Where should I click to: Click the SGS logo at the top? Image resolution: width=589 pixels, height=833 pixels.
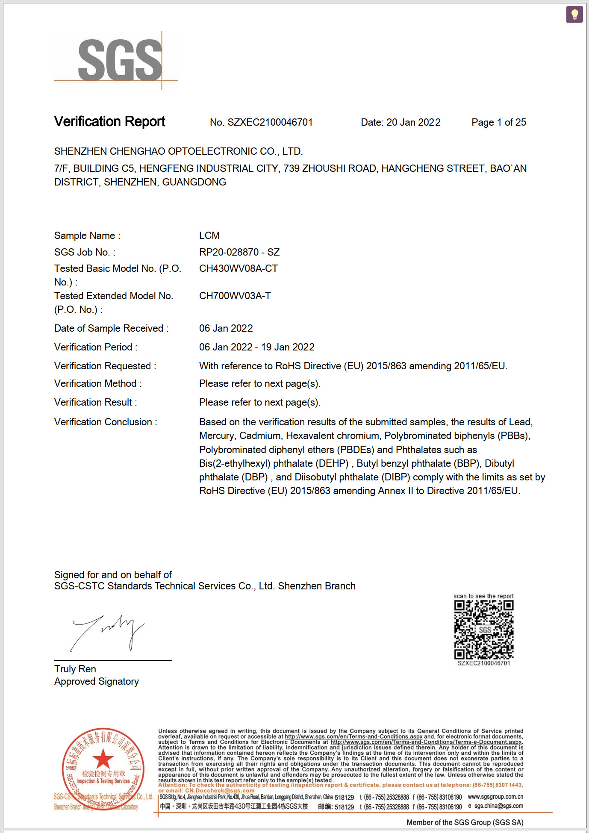tap(120, 60)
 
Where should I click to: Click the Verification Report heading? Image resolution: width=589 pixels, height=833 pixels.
tap(109, 122)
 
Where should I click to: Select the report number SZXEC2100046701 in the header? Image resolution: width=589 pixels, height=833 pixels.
tap(270, 123)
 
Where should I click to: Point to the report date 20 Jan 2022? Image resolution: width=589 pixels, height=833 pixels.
tap(413, 123)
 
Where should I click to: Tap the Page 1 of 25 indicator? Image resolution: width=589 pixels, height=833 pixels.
tap(498, 123)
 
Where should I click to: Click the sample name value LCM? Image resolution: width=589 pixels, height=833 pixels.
tap(209, 235)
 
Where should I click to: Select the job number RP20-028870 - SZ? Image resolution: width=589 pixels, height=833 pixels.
tap(239, 252)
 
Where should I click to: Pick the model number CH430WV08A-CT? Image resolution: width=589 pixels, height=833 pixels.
tap(239, 268)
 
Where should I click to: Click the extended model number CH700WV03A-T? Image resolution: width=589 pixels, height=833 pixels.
tap(235, 296)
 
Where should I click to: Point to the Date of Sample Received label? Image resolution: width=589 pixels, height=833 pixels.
tap(111, 328)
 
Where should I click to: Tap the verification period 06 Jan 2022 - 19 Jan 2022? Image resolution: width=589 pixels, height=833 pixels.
tap(257, 347)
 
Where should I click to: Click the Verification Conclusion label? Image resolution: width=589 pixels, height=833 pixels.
tap(106, 422)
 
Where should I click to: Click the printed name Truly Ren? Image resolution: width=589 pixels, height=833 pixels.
tap(75, 669)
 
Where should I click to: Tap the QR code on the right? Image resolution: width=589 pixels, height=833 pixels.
tap(483, 630)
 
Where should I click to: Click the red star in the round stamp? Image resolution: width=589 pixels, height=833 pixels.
tap(103, 759)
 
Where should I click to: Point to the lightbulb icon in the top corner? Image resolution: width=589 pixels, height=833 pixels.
tap(574, 14)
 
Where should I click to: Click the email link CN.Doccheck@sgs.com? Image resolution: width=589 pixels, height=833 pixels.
tap(220, 791)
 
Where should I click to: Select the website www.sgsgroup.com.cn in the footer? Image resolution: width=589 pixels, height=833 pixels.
tap(495, 797)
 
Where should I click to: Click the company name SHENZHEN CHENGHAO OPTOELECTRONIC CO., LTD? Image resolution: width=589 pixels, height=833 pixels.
tap(178, 151)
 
